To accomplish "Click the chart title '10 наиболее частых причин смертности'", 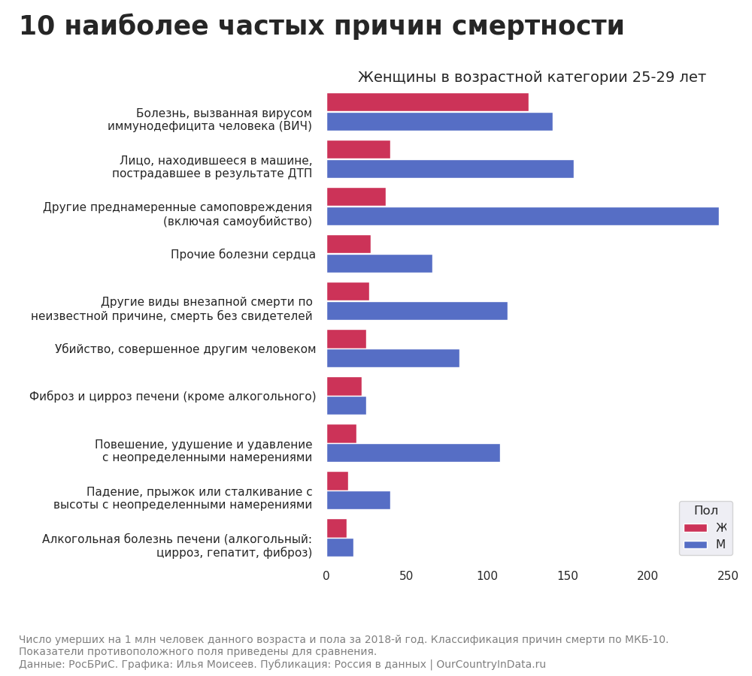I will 321,26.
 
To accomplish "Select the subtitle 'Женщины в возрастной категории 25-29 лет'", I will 531,77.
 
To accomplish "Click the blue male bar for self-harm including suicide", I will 522,216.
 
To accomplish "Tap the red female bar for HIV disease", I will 427,102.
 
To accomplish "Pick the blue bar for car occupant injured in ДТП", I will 450,169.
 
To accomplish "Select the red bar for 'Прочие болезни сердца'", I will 348,244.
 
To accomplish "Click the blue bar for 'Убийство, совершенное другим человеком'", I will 393,358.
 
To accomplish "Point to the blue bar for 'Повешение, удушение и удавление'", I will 413,453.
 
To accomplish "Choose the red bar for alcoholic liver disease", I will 336,528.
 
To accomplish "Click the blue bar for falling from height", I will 358,500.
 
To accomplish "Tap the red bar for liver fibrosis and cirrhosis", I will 344,386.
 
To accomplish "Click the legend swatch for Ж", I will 695,528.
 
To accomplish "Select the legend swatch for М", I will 695,545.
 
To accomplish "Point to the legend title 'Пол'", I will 705,511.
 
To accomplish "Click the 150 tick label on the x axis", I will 567,576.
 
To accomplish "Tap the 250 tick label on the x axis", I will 727,576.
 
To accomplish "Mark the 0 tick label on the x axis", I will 326,576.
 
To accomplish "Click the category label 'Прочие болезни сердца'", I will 243,255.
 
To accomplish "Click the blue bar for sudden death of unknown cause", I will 417,311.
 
